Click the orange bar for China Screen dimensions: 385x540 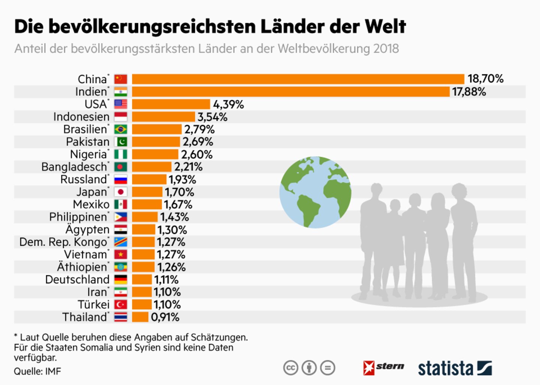298,79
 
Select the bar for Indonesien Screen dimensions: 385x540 163,117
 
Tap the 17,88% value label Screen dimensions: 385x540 469,92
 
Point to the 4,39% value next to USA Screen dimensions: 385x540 228,104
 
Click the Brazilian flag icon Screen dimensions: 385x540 121,129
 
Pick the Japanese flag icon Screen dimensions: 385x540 121,192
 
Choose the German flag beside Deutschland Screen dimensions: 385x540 121,280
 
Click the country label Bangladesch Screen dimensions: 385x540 74,167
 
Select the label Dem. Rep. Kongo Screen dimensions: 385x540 63,242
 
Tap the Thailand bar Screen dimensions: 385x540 140,317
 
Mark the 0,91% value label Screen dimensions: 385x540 165,317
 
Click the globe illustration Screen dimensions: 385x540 315,192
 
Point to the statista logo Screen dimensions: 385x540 454,368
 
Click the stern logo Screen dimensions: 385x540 384,367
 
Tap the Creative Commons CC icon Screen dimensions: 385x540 291,368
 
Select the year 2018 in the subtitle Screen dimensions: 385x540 386,49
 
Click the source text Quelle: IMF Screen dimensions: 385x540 37,371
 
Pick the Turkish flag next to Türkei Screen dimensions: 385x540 121,305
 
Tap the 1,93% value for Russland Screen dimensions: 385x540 182,180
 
